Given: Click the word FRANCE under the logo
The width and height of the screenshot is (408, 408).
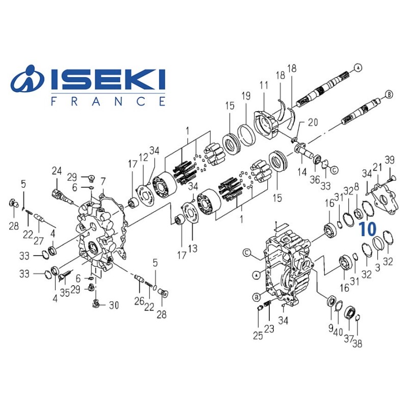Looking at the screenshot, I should pos(108,101).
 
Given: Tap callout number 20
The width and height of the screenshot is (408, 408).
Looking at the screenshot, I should pos(312,123).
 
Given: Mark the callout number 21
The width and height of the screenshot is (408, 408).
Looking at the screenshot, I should pos(377,167).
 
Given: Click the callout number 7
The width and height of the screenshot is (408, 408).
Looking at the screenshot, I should pos(103,181).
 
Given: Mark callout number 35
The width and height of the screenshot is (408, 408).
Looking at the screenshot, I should pos(64,293).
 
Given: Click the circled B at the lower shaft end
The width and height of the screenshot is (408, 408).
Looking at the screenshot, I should pos(389,94).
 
